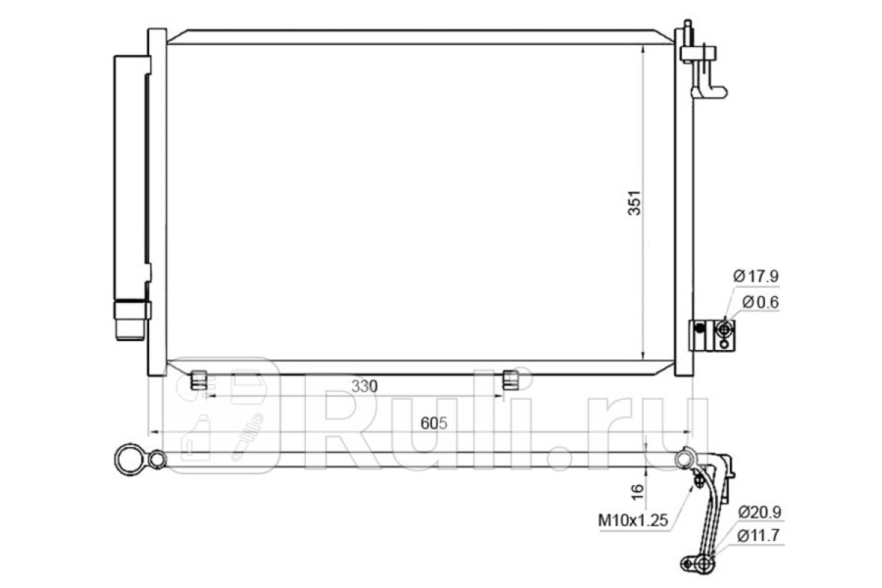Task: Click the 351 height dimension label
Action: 634,203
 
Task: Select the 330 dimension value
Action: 365,386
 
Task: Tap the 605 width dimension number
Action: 434,423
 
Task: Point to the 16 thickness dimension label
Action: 637,491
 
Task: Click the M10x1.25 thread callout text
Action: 633,520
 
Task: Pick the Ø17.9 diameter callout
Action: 756,276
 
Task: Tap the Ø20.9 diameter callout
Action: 759,512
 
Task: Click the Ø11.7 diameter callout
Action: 759,536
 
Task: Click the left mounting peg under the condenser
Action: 199,380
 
